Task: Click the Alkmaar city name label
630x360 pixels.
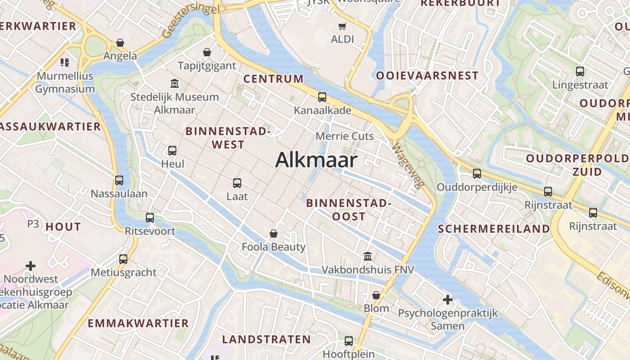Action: pos(316,160)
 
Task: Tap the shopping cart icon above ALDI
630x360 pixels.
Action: pos(342,26)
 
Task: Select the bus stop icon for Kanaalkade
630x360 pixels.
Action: pos(322,97)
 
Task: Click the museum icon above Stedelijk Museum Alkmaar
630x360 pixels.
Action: pos(174,83)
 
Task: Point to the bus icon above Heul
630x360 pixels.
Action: pos(172,151)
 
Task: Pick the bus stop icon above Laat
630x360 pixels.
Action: pos(237,183)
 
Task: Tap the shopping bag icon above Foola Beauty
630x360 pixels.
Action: pos(273,234)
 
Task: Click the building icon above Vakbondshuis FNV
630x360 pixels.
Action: pos(368,256)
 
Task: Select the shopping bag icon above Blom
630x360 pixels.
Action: pos(376,295)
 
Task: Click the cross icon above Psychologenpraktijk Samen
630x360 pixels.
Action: pos(447,299)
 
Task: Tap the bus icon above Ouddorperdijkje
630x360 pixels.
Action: pos(477,173)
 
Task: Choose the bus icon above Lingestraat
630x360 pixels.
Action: pos(580,71)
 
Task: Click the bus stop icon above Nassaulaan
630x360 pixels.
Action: pos(119,180)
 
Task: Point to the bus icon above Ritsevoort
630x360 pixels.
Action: pos(150,218)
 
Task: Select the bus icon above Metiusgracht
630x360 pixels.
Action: pos(123,259)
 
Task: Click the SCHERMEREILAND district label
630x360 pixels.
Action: pos(494,229)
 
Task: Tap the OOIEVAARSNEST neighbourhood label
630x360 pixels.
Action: pos(427,76)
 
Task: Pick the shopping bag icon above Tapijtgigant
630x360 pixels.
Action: pos(207,53)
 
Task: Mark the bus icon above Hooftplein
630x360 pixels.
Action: pos(349,341)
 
